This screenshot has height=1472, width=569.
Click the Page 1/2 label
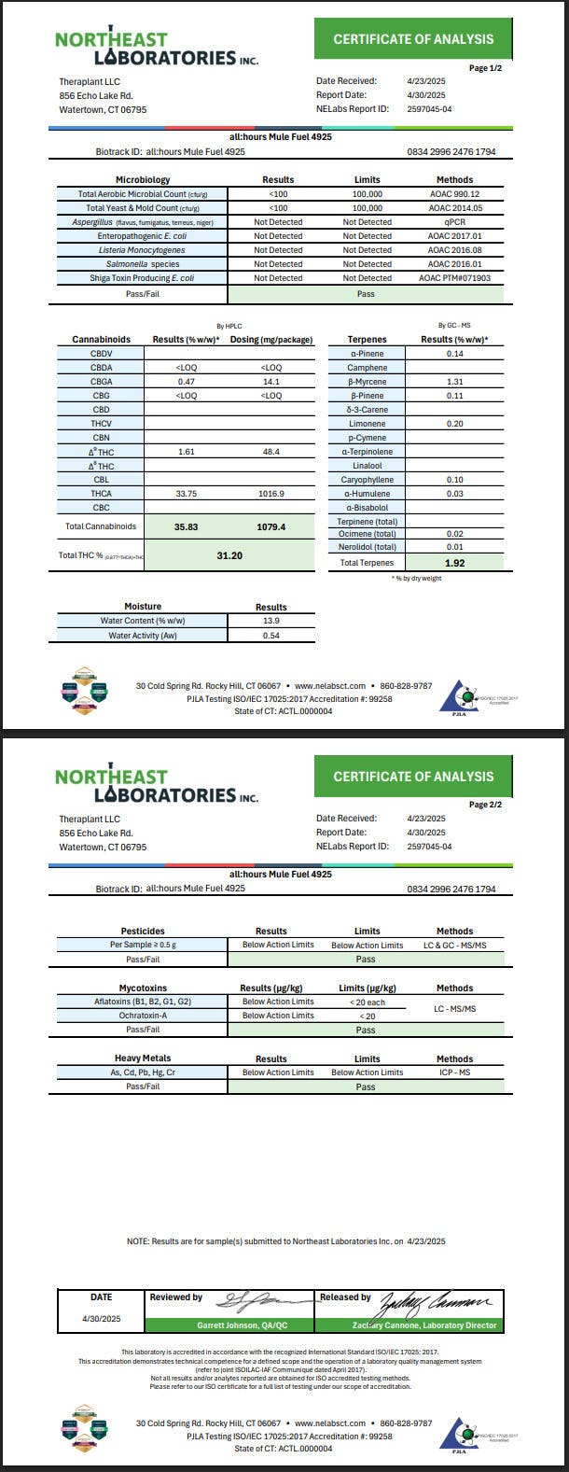[x=485, y=68]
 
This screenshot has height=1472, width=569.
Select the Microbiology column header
[x=142, y=179]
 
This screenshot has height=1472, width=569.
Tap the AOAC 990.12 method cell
[x=454, y=194]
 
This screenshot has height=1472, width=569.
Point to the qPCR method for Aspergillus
[x=454, y=222]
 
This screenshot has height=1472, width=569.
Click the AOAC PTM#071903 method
[x=454, y=278]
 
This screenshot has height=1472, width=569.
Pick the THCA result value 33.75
[x=185, y=494]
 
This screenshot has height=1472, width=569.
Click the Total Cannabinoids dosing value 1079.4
[x=270, y=527]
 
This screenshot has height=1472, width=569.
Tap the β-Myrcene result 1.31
[x=455, y=382]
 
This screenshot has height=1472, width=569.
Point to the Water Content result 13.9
[x=271, y=621]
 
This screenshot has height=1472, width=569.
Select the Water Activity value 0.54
[x=271, y=636]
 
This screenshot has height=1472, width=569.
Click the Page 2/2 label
[x=485, y=805]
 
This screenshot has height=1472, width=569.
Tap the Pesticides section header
[x=143, y=931]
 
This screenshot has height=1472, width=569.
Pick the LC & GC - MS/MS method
[x=454, y=946]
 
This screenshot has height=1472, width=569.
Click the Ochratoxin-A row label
[x=143, y=1016]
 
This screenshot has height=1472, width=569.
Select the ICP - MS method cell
[x=454, y=1072]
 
